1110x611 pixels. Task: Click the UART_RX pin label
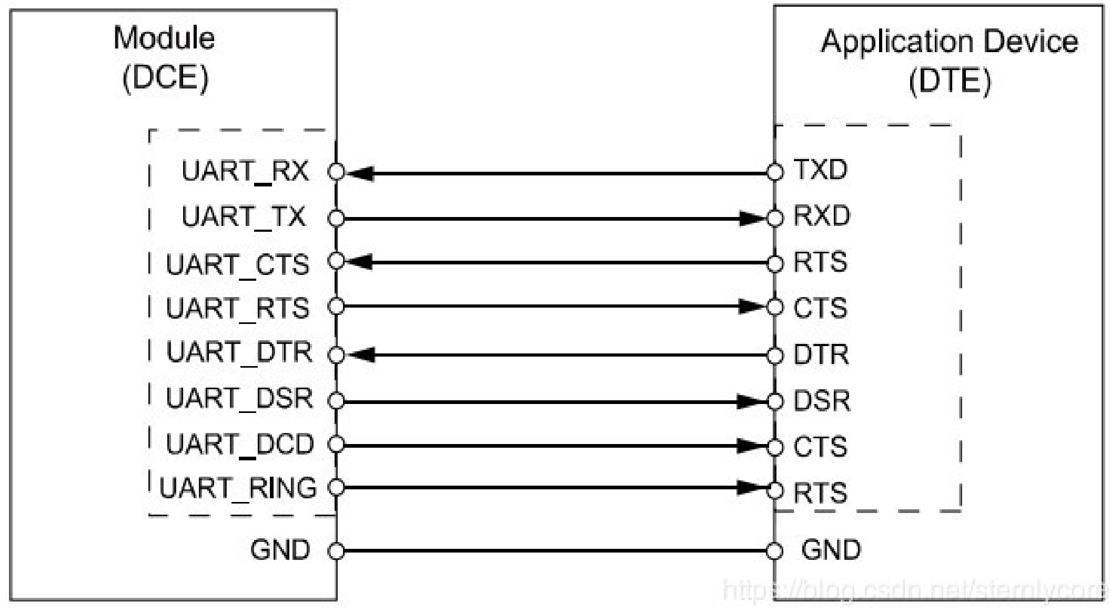245,171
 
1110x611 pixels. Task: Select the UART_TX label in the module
243,217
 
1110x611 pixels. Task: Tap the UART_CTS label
237,264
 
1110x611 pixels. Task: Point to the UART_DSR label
239,399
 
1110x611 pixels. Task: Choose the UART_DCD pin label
240,445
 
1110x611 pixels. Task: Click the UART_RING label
238,488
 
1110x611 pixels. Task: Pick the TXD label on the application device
820,170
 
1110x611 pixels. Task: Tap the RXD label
821,216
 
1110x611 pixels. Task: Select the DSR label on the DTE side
821,401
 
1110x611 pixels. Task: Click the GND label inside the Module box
280,550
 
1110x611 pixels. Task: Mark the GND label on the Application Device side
831,550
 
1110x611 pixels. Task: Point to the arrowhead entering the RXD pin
751,218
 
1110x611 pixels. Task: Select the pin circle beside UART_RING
336,488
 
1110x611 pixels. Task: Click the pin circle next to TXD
774,172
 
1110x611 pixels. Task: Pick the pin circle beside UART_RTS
336,307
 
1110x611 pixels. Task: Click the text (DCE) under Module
166,78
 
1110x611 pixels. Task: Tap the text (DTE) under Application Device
950,81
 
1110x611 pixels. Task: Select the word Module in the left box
164,38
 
